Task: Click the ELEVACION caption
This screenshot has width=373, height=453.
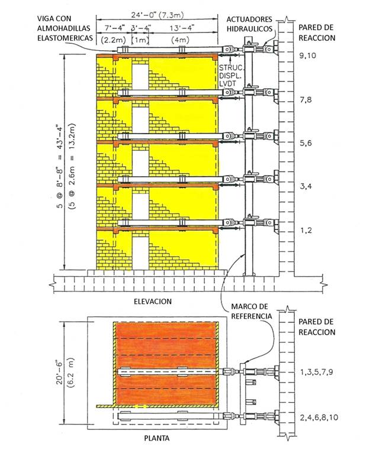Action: pyautogui.click(x=153, y=301)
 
